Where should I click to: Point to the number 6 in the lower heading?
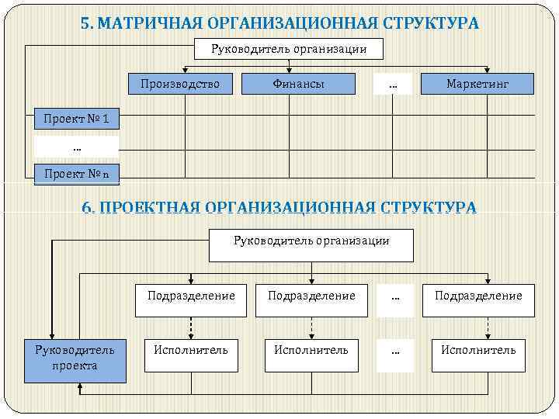87,207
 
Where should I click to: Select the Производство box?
180,84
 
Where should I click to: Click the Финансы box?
299,84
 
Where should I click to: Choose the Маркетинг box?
477,84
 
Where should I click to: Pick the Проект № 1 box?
76,119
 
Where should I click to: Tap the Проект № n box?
76,174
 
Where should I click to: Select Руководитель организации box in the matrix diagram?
289,50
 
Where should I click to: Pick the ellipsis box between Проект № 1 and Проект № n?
76,147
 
